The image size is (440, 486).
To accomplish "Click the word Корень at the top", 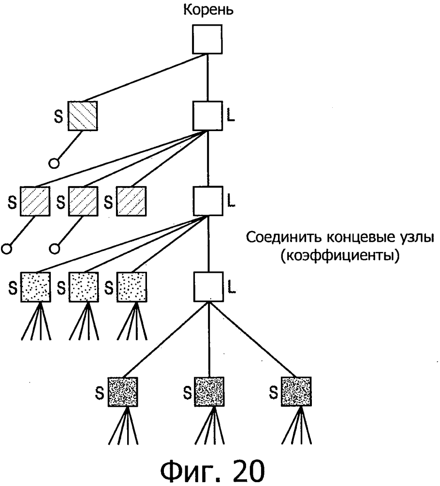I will (207, 10).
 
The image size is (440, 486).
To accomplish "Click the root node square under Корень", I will (207, 39).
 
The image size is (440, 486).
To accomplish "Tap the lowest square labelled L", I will (207, 286).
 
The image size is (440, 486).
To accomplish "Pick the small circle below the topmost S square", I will (54, 163).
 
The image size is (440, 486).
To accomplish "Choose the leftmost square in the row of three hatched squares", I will (35, 201).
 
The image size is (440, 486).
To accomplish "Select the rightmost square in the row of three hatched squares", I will (131, 201).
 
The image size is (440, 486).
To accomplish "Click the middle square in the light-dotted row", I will (83, 287).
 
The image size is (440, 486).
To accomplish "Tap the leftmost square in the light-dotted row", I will (35, 287).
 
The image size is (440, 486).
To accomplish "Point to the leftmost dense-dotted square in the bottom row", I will (123, 391).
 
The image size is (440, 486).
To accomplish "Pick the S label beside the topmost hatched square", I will (59, 118).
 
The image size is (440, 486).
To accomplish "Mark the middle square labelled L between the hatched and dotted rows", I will (207, 201).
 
